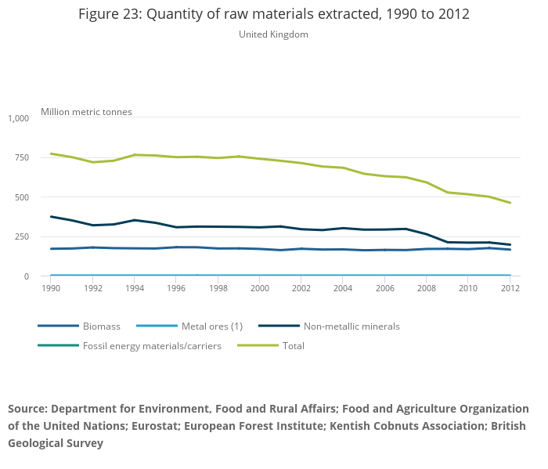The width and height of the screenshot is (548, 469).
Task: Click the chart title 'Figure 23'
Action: click(273, 15)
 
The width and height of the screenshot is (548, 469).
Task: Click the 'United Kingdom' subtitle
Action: click(273, 34)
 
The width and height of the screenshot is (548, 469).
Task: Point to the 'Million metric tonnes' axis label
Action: click(86, 112)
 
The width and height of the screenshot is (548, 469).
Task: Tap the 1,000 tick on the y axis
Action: click(18, 118)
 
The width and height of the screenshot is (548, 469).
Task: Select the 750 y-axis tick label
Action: click(20, 157)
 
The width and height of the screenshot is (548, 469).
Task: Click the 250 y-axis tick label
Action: click(20, 236)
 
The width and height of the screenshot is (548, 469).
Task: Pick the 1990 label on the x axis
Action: click(51, 288)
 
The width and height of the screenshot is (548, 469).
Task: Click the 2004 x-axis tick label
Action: click(343, 288)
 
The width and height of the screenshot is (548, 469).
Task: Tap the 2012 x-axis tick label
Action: click(510, 288)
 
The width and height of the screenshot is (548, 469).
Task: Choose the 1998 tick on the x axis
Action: click(218, 288)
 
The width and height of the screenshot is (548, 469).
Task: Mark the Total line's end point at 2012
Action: click(510, 203)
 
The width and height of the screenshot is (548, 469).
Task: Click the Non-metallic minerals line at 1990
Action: click(51, 217)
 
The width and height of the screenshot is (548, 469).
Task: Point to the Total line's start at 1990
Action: click(51, 153)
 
